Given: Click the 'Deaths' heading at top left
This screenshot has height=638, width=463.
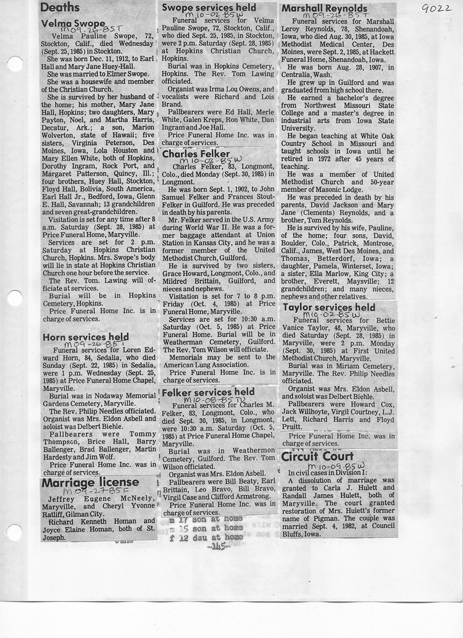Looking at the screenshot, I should coord(60,7).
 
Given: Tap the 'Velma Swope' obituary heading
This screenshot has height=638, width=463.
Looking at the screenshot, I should coord(73,23).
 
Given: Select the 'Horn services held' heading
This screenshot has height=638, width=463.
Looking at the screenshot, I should coord(86,337).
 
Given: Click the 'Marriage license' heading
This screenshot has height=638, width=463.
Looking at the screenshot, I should coord(90,482).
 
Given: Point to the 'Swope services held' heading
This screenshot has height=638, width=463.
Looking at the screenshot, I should coord(209,7).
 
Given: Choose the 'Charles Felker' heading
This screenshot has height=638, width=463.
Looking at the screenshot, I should coord(196,154).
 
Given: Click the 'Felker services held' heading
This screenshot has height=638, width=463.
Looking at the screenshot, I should coord(207,392).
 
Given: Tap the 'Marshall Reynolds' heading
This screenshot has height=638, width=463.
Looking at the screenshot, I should coord(324,9).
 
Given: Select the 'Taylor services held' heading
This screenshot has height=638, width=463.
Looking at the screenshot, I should coord(328,307).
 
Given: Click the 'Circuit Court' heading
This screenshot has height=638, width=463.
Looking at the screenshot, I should coord(317,457).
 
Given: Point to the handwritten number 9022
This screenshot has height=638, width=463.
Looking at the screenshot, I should coord(435,9).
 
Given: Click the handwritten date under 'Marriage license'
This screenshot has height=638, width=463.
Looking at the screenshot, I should coord(90,492).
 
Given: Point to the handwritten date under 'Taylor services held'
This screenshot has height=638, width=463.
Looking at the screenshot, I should coord(337,315).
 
